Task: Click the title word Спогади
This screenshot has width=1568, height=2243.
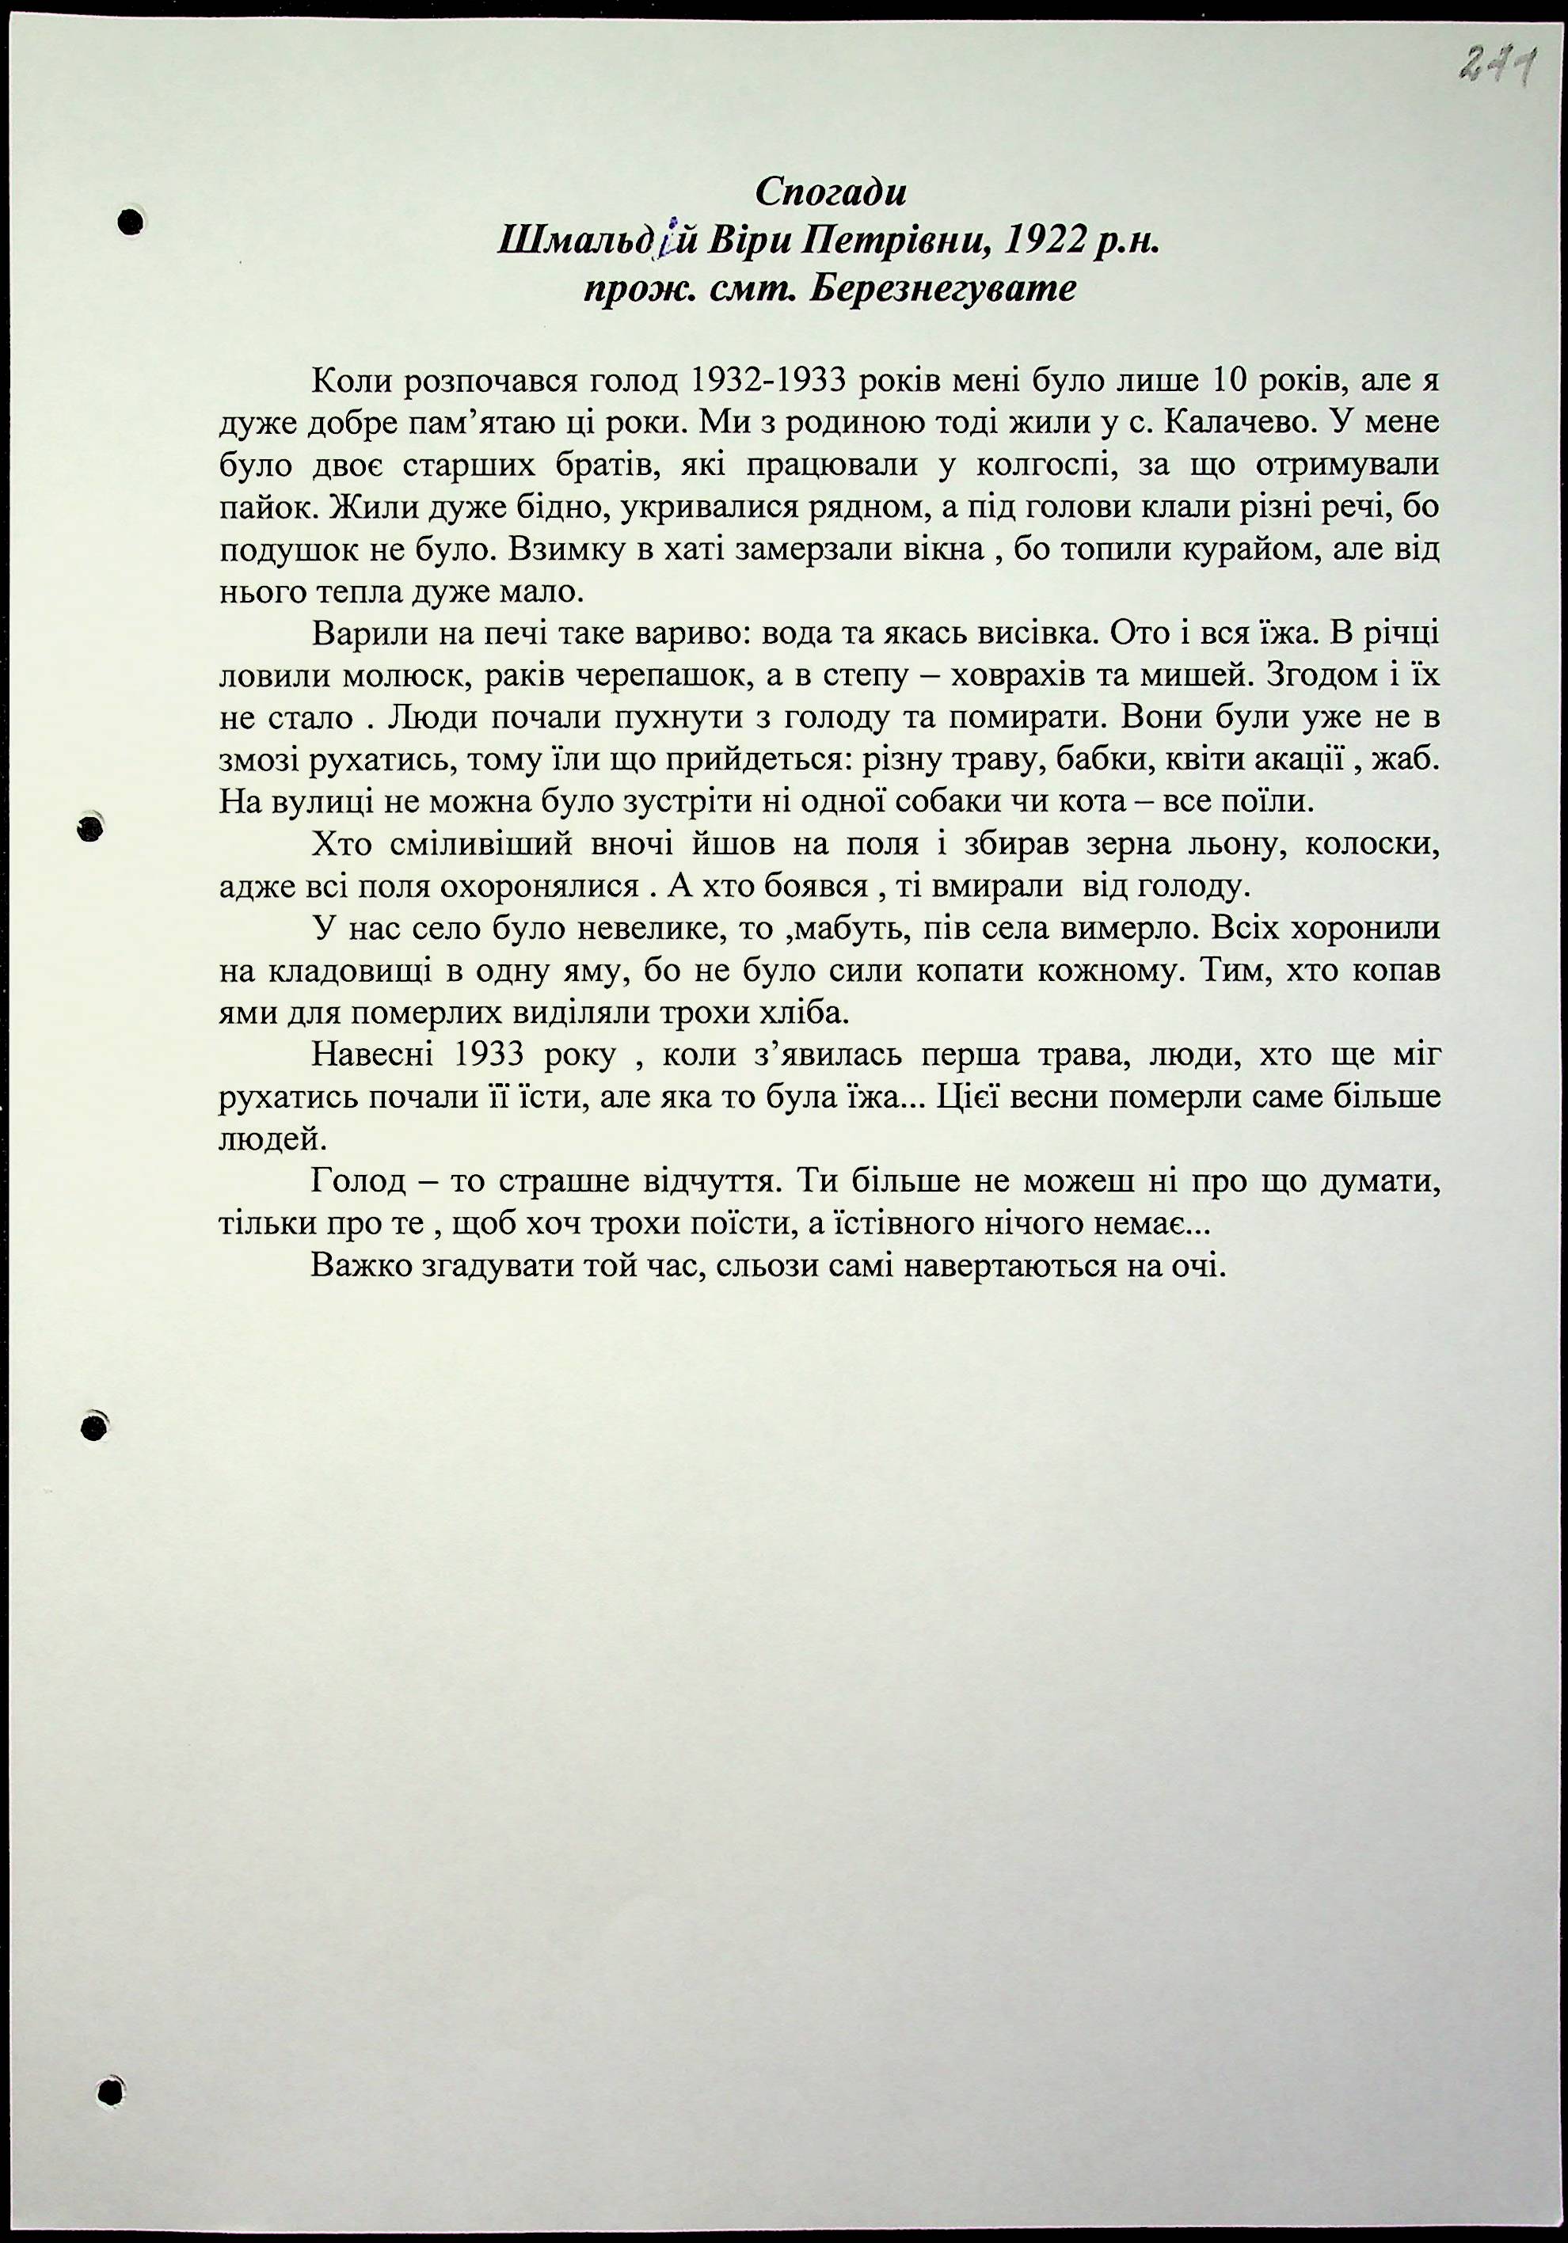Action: coord(832,192)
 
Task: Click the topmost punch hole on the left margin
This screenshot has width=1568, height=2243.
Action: coord(130,222)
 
